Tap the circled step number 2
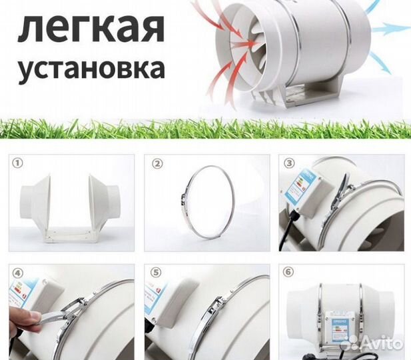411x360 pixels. point(157,162)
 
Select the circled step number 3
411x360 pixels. point(289,162)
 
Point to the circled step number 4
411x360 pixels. point(17,273)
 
